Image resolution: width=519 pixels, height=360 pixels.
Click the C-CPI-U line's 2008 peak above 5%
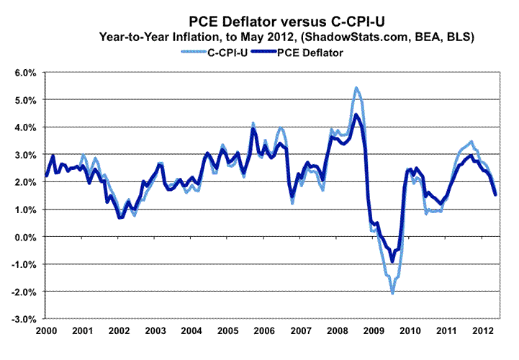pyautogui.click(x=356, y=88)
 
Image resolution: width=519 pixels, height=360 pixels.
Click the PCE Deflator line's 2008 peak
pyautogui.click(x=356, y=115)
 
